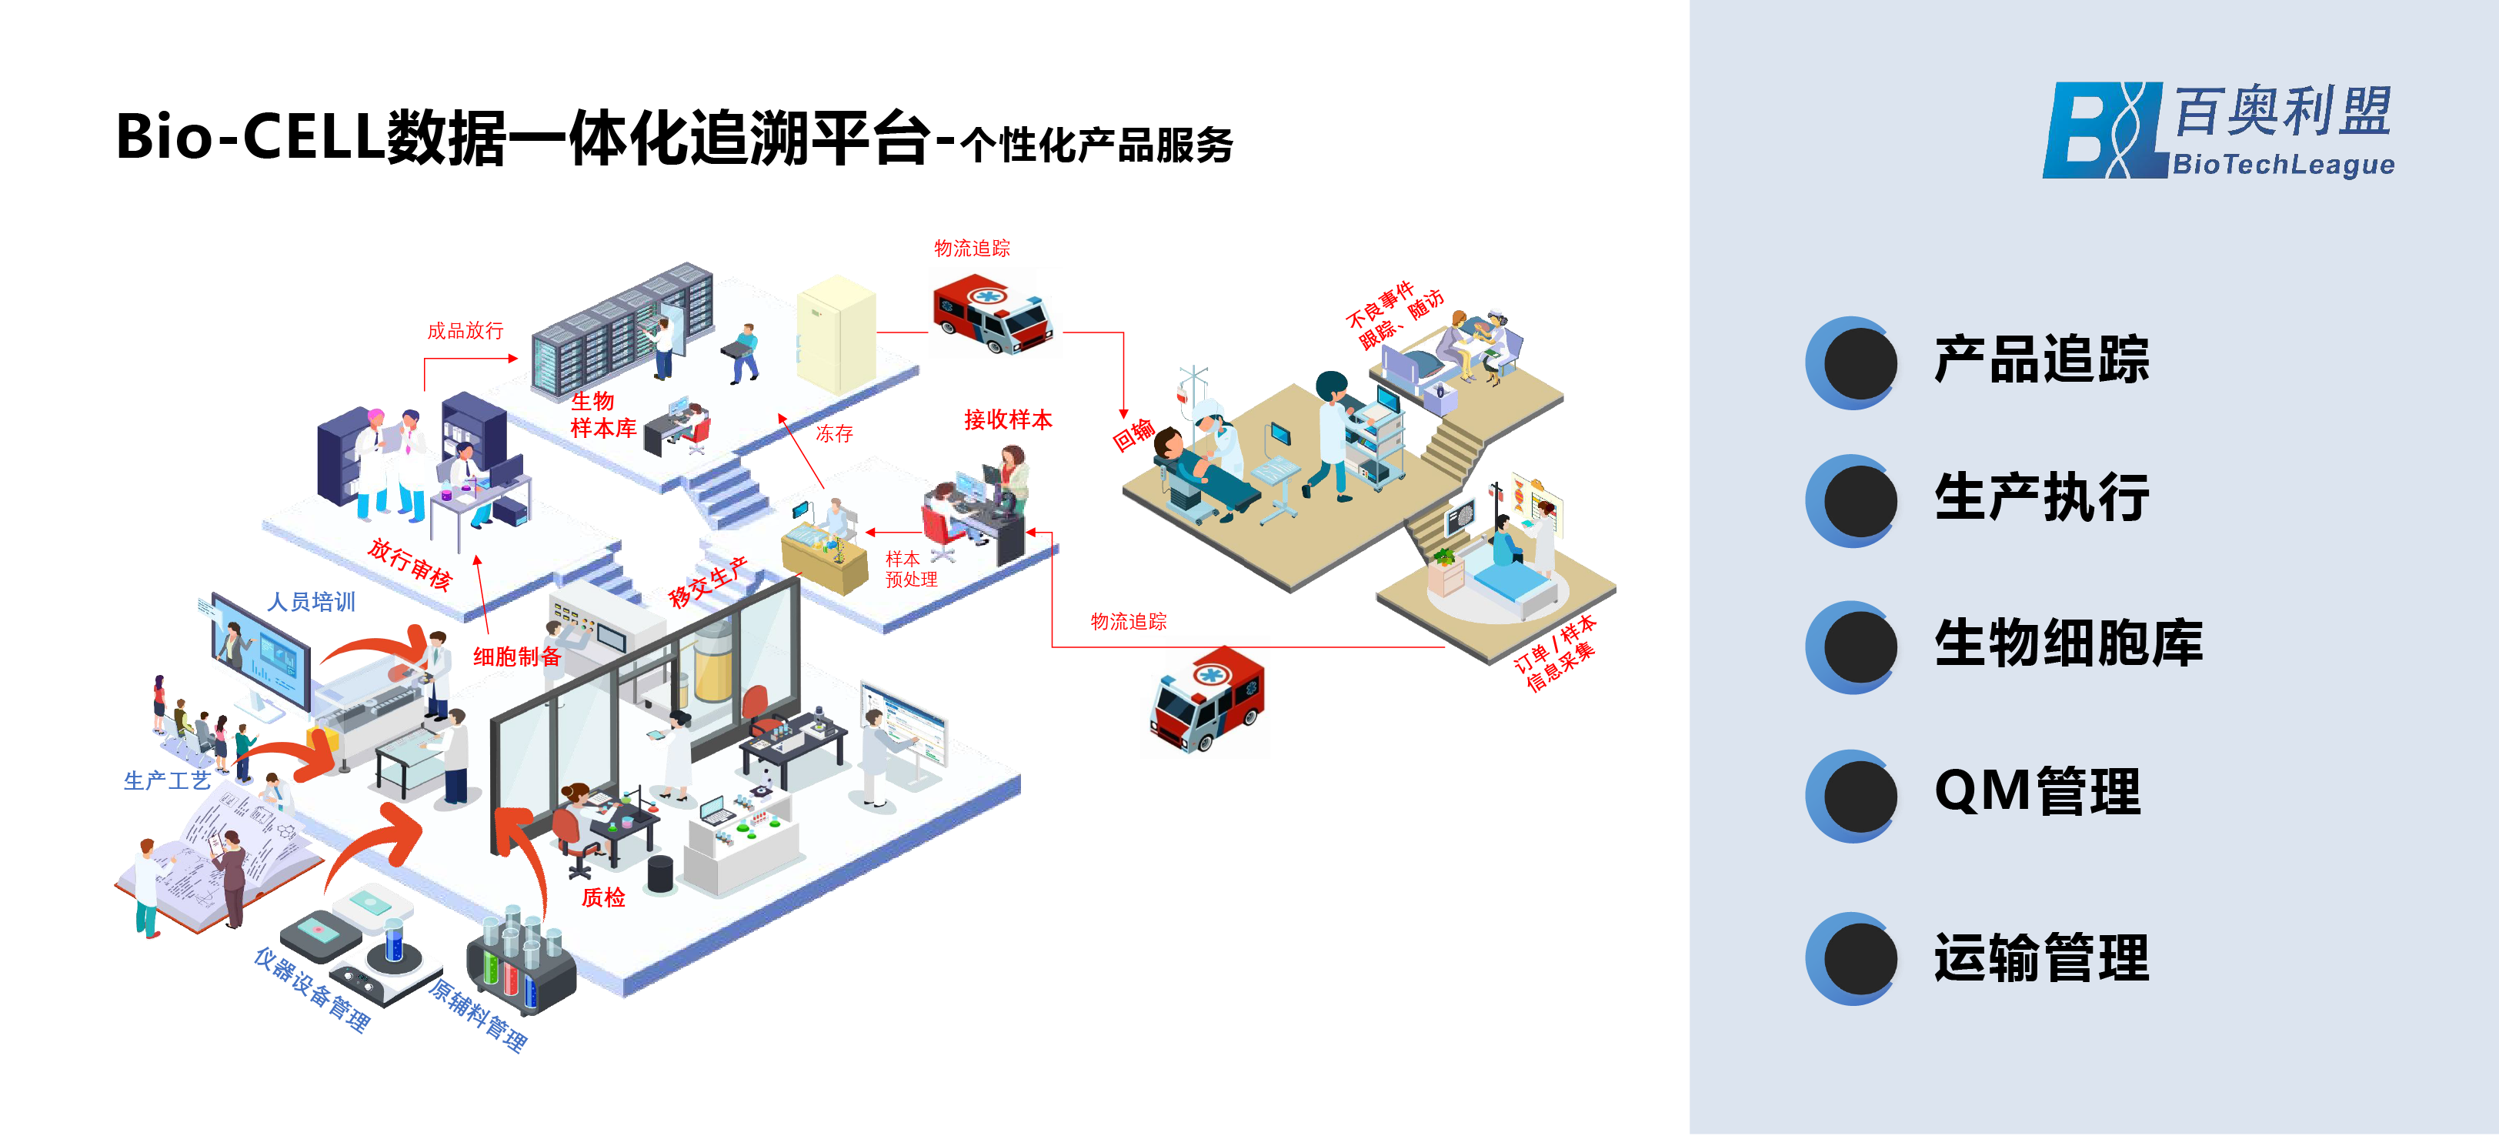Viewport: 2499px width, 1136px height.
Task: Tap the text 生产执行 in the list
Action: click(x=2041, y=498)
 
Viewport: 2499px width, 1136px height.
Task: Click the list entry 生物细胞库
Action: click(x=2068, y=643)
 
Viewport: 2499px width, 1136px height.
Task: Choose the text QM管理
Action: click(x=2037, y=792)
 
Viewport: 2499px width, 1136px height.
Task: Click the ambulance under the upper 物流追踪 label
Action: click(x=992, y=313)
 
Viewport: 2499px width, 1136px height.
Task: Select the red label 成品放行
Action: click(x=465, y=331)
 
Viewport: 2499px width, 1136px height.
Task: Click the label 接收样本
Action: click(x=1008, y=419)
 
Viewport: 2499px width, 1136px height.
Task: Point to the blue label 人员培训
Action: click(x=312, y=601)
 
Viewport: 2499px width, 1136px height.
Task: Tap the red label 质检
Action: click(x=602, y=897)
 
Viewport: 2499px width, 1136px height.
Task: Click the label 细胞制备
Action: click(x=517, y=657)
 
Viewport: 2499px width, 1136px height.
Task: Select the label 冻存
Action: click(x=834, y=433)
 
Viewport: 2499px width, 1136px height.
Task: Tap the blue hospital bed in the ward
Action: click(x=1510, y=588)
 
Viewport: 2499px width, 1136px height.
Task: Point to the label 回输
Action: click(x=1132, y=435)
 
